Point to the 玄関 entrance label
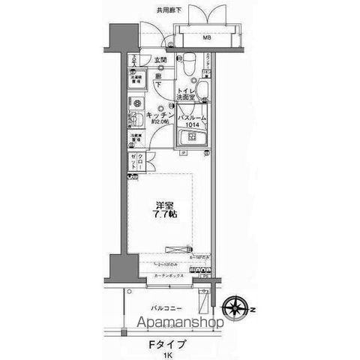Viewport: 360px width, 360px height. pos(160,59)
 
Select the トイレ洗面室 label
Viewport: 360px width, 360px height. pos(187,94)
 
